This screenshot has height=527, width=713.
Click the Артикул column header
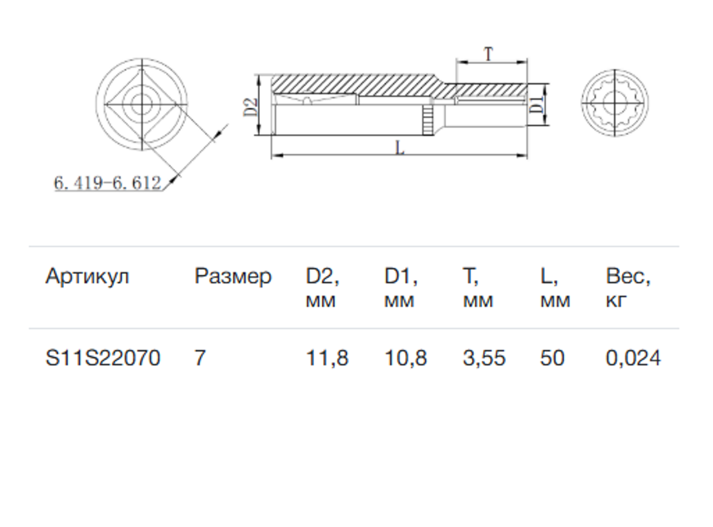point(87,277)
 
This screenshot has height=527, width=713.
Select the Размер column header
point(233,277)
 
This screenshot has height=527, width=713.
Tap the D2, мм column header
point(323,288)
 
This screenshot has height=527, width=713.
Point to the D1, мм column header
point(401,288)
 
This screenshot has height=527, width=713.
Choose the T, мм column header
point(478,288)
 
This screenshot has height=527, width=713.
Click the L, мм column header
point(555,288)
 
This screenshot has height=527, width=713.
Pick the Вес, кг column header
point(628,288)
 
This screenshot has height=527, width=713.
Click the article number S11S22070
point(103,358)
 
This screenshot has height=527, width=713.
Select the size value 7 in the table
point(200,358)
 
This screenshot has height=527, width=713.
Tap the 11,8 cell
point(327,358)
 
